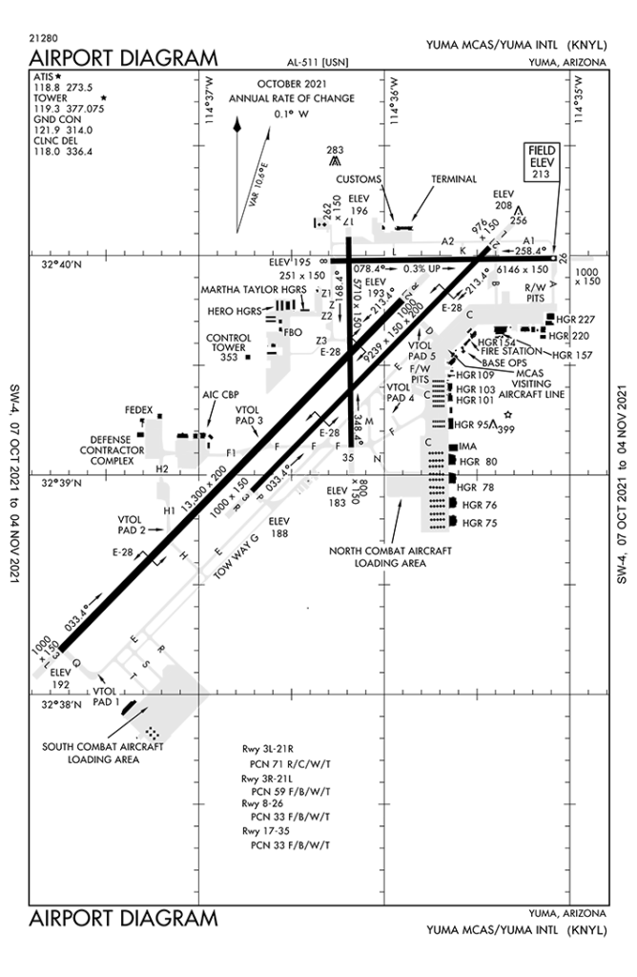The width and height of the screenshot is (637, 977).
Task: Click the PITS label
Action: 420,380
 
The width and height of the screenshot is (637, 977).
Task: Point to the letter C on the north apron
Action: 469,314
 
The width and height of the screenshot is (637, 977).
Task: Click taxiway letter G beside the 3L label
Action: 75,662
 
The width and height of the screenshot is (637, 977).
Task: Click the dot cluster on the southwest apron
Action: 152,733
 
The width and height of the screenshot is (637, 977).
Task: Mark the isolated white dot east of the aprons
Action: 507,415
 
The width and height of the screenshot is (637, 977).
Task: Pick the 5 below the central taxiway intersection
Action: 351,457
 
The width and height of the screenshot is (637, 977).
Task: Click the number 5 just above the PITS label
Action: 432,356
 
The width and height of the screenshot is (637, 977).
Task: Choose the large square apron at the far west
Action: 154,438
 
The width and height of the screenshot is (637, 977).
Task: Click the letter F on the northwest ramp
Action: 285,332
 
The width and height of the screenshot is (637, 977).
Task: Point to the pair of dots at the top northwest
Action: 322,225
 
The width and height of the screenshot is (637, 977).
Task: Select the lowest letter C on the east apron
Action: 428,442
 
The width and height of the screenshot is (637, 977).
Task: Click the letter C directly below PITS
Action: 427,394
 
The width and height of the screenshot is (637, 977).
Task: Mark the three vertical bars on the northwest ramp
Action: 281,304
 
